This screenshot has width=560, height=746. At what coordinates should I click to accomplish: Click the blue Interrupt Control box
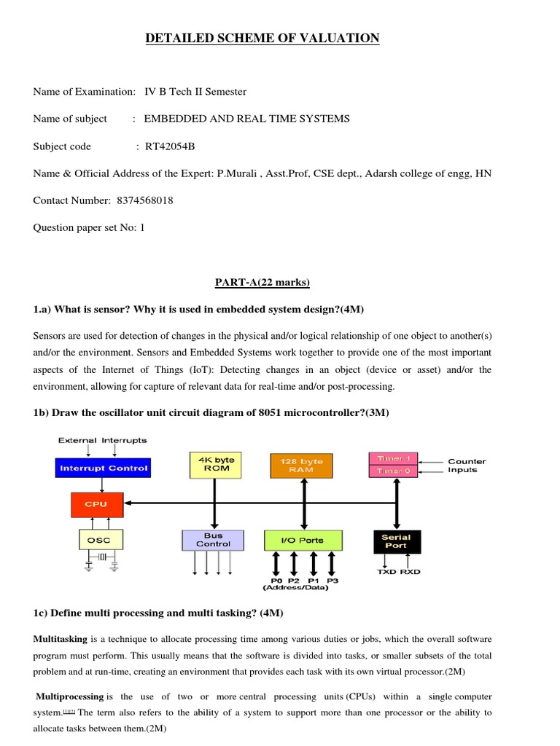(x=103, y=468)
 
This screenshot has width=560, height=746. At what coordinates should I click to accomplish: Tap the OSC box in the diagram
(x=100, y=540)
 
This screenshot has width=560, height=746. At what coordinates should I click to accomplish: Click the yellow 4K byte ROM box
(x=214, y=464)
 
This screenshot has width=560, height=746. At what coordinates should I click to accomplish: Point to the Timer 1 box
(x=393, y=458)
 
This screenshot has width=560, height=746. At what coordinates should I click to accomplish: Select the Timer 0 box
(x=393, y=471)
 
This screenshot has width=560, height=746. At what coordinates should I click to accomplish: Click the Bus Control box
(x=213, y=540)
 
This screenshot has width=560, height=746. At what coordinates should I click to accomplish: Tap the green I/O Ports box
(x=303, y=541)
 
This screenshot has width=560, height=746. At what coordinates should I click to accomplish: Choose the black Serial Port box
(x=396, y=541)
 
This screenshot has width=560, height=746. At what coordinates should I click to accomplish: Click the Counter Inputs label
(x=467, y=466)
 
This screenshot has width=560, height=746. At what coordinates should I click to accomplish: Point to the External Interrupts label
(x=103, y=440)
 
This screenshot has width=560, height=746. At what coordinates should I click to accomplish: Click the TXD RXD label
(x=398, y=572)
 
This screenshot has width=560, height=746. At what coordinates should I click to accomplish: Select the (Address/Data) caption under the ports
(x=296, y=589)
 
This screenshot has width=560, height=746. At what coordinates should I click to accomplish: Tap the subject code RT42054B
(x=170, y=146)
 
